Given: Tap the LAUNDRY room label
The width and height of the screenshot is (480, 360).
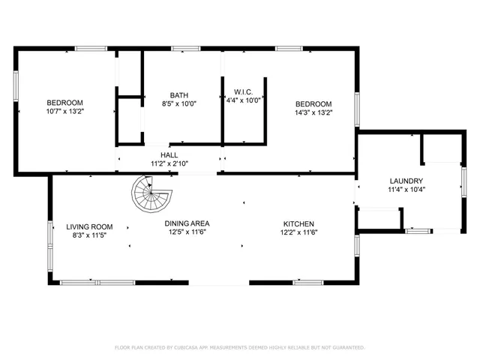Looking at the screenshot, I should pyautogui.click(x=406, y=181).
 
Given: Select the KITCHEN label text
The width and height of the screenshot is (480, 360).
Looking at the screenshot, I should pyautogui.click(x=298, y=223).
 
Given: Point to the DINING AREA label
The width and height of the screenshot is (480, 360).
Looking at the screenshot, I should pyautogui.click(x=187, y=223).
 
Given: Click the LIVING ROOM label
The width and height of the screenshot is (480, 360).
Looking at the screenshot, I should pyautogui.click(x=89, y=226).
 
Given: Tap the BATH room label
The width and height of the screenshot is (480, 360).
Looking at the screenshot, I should pyautogui.click(x=178, y=95).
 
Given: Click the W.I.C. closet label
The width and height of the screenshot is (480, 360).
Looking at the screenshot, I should pyautogui.click(x=244, y=90).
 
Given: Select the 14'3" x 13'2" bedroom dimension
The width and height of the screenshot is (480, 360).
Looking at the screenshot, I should pyautogui.click(x=313, y=112).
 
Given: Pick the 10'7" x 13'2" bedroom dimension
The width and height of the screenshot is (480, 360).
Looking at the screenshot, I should pyautogui.click(x=65, y=112).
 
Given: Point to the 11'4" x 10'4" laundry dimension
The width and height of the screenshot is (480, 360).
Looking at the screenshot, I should pyautogui.click(x=406, y=190).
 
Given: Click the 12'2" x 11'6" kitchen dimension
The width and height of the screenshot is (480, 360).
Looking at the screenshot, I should pyautogui.click(x=298, y=232).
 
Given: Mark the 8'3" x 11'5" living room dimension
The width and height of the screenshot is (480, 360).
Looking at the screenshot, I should pyautogui.click(x=89, y=235).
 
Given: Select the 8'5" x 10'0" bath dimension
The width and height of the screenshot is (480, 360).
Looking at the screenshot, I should pyautogui.click(x=178, y=104).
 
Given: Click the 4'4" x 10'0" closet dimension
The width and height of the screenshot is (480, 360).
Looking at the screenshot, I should pyautogui.click(x=244, y=99).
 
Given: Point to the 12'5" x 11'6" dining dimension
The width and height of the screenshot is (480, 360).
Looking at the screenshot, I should pyautogui.click(x=187, y=232).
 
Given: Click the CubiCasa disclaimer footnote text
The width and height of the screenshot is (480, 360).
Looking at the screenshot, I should pyautogui.click(x=239, y=348).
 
